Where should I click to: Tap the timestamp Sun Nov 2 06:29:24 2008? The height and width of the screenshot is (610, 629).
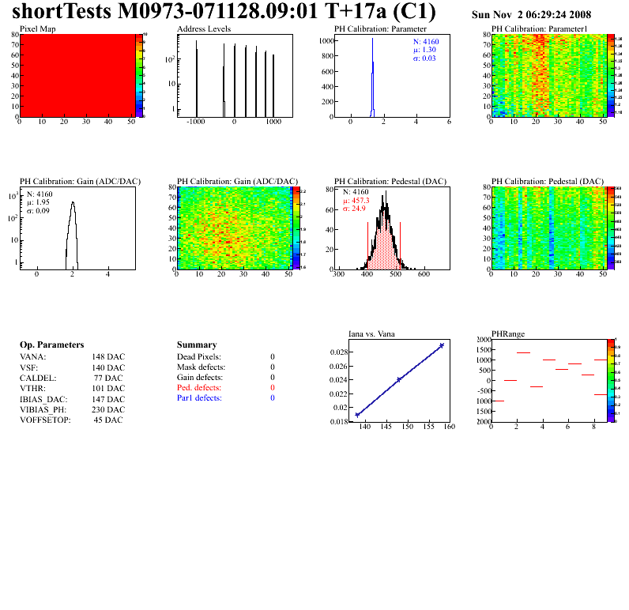531,15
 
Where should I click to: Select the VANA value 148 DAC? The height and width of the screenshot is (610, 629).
108,357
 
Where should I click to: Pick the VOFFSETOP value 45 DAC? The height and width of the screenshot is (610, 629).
108,420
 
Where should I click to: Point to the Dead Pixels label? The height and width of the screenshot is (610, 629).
199,357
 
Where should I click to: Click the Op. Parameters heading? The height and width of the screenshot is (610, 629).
51,345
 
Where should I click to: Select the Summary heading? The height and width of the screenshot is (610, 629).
197,345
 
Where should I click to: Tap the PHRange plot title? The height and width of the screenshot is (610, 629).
508,334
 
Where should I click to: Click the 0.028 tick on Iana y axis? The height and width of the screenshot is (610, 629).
337,352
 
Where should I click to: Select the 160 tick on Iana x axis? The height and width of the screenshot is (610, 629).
449,427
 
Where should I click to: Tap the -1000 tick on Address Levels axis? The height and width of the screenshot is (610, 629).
196,122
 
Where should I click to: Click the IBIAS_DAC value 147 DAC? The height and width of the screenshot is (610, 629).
108,399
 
